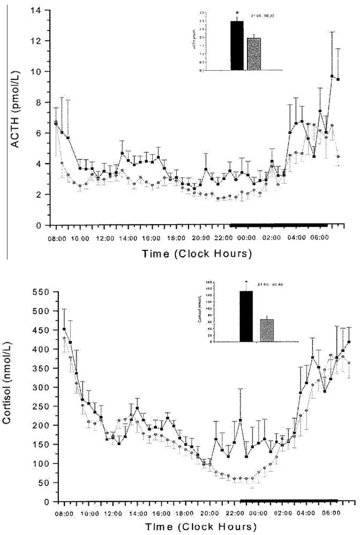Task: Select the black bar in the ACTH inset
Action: (x=237, y=46)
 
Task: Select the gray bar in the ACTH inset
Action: (x=253, y=54)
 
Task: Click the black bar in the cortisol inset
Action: (x=246, y=316)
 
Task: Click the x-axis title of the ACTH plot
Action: (x=197, y=254)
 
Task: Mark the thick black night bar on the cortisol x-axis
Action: (x=289, y=501)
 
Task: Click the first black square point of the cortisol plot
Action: (x=64, y=329)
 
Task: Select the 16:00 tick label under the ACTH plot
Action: (x=152, y=237)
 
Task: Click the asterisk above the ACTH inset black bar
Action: (x=236, y=12)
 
